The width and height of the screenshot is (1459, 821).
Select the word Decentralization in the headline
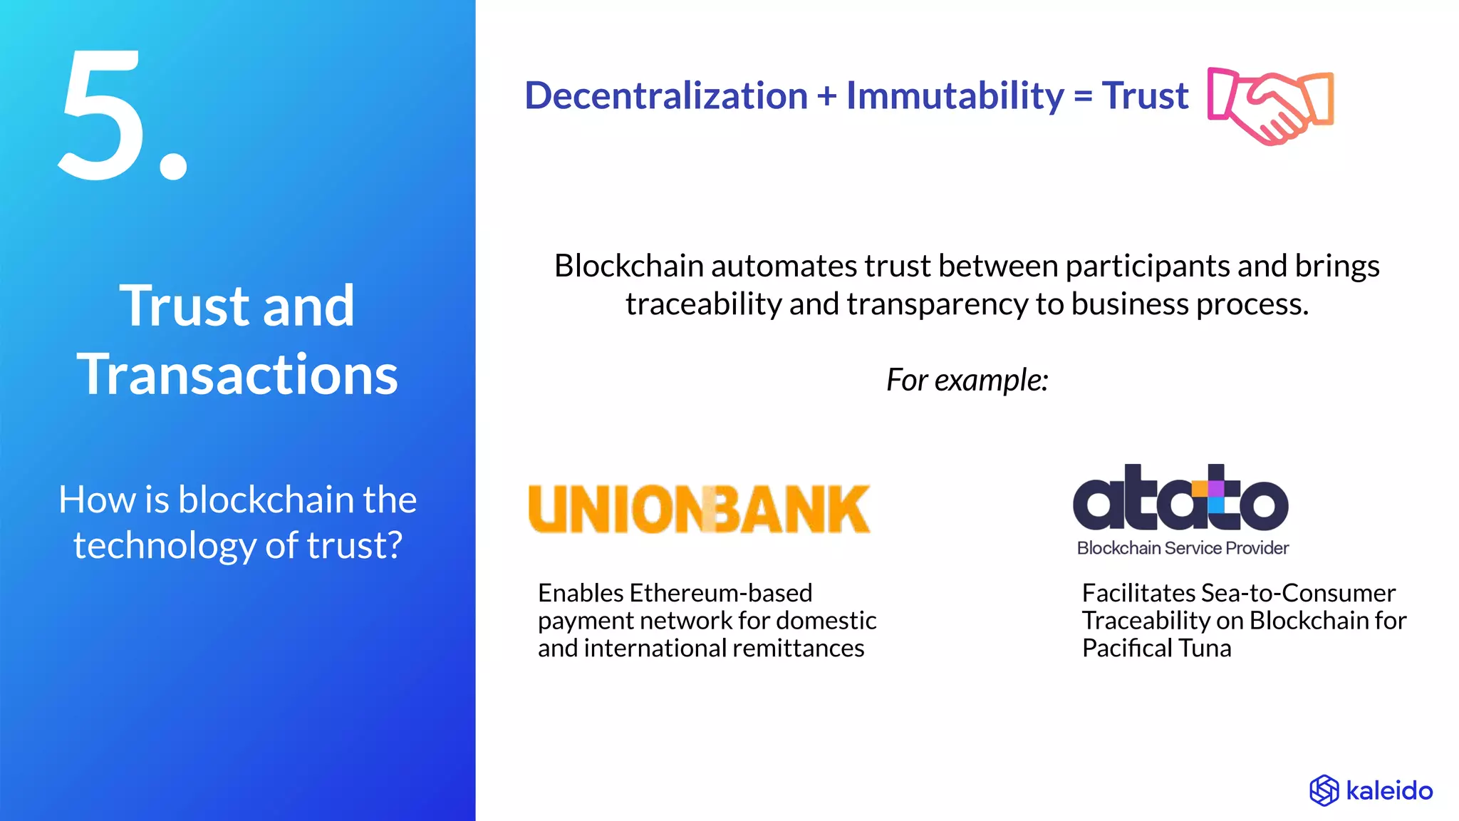coord(666,95)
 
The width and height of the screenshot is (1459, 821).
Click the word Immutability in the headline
coord(955,95)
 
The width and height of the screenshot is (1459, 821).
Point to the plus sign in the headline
coord(826,97)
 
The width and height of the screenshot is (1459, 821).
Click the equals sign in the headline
coord(1083,97)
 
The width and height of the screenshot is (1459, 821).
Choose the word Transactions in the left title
coord(237,375)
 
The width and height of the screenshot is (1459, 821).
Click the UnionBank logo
coord(699,509)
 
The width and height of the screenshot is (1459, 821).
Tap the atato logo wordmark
coord(1180,498)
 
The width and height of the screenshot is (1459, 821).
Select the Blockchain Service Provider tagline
coord(1183,548)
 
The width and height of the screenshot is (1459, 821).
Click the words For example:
coord(967,380)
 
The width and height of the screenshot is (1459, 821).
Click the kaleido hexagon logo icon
coord(1324,790)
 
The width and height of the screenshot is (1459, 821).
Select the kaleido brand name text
coord(1389,791)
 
